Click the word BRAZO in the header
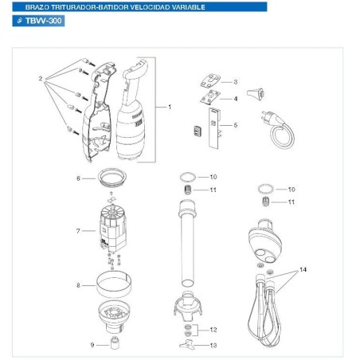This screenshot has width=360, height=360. tap(29, 6)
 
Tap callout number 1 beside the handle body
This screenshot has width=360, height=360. tap(169, 106)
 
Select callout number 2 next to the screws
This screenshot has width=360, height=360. tap(39, 79)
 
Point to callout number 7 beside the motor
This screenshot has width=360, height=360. tap(78, 231)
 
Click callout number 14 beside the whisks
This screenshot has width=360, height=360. tap(303, 272)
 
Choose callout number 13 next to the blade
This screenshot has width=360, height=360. tap(213, 345)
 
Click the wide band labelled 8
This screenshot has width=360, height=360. tap(113, 284)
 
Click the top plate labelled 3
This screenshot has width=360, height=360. tap(210, 83)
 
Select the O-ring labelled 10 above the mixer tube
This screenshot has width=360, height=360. tap(186, 176)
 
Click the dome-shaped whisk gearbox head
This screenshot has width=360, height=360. tap(267, 238)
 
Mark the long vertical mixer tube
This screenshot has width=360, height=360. tap(188, 247)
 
